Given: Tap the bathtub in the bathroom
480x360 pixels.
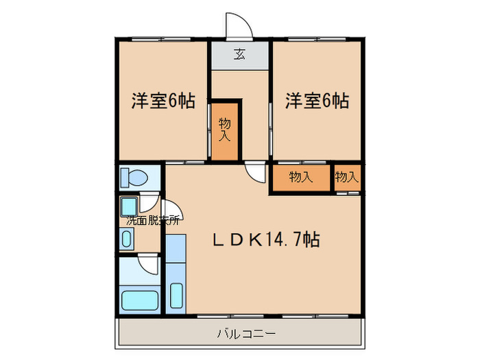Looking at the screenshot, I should (x=139, y=300).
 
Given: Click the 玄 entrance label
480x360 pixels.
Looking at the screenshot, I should (x=239, y=55).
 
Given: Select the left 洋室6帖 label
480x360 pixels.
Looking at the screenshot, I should (x=163, y=101).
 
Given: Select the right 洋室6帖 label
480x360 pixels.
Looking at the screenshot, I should (x=317, y=101).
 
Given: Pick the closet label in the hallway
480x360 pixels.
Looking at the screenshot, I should (x=225, y=129).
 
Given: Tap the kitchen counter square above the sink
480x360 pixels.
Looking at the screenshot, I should (x=176, y=248).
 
